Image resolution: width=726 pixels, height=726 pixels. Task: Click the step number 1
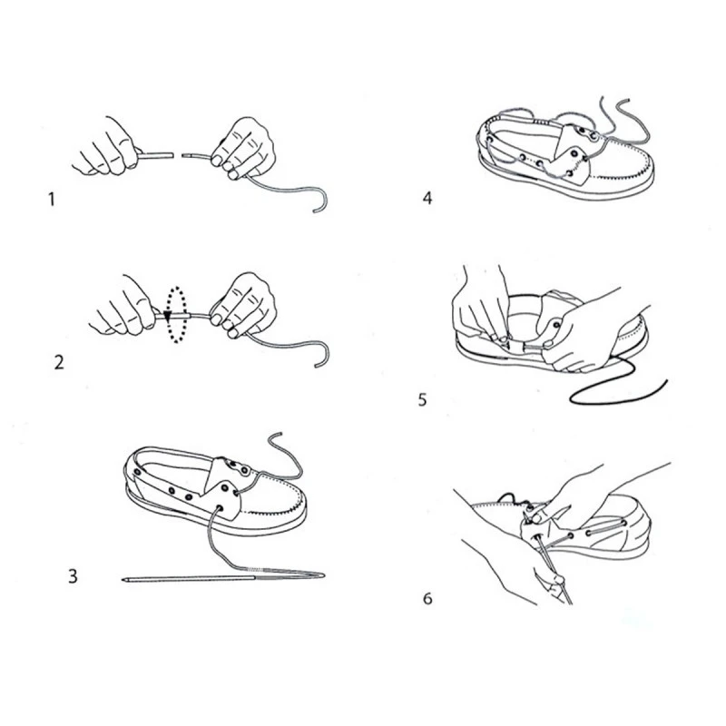coord(52,200)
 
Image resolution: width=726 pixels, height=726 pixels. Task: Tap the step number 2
coord(59,362)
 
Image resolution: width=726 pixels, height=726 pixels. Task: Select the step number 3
coord(73,576)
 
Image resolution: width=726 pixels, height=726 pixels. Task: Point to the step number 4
coord(427,198)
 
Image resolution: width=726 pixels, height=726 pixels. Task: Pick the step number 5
coord(422,399)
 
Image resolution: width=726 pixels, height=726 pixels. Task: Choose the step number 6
coord(427,598)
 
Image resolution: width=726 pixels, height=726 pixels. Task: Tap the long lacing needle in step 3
coord(223,578)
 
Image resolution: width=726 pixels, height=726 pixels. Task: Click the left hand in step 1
coord(106,147)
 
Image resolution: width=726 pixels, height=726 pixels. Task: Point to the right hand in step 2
coord(243,306)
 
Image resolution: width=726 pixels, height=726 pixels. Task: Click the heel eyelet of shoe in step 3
coord(138,472)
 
